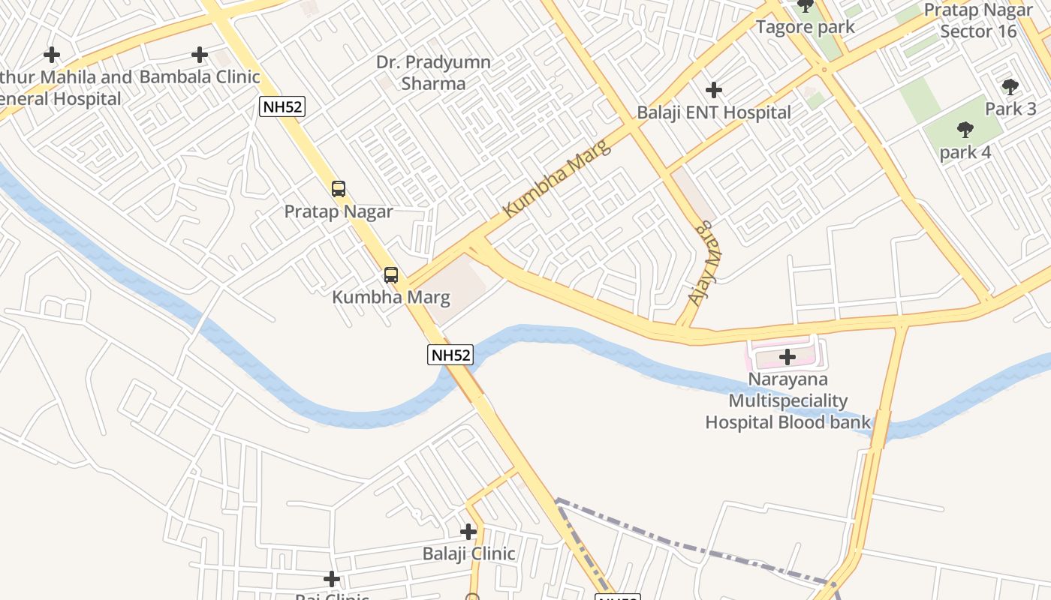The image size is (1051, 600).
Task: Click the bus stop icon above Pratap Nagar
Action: click(x=339, y=189)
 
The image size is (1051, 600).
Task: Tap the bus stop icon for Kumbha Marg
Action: click(x=391, y=275)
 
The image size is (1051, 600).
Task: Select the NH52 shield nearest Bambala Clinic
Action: click(x=282, y=106)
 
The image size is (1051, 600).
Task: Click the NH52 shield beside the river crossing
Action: click(x=450, y=355)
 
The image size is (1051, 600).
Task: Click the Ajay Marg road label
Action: click(x=700, y=263)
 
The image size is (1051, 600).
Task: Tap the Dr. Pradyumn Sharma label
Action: click(x=434, y=73)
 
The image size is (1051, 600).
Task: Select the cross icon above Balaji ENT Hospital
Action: click(x=714, y=91)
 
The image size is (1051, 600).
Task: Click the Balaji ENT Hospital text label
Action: click(x=714, y=112)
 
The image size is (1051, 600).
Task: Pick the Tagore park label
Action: click(x=806, y=28)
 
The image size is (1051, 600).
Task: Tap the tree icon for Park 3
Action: click(x=1010, y=87)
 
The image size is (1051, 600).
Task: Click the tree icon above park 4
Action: click(x=965, y=130)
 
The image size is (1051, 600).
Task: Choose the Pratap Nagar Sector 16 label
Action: click(x=978, y=21)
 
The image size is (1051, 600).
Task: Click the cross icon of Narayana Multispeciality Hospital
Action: click(x=787, y=357)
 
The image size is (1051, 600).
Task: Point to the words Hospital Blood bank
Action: click(x=787, y=422)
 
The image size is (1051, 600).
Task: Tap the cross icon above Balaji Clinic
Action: click(x=468, y=532)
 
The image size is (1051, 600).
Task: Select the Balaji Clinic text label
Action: click(x=468, y=554)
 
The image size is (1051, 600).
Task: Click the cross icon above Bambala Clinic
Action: click(x=200, y=55)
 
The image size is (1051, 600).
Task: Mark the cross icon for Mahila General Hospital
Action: click(x=52, y=55)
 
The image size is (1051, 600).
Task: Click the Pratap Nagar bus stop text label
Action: click(x=339, y=211)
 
